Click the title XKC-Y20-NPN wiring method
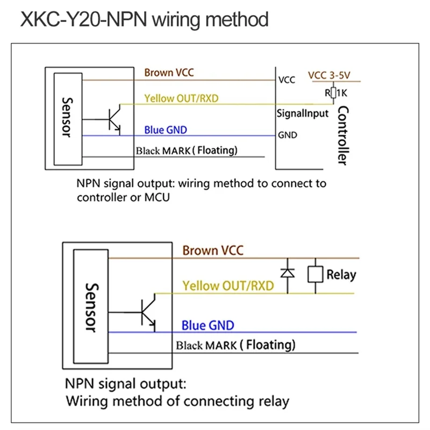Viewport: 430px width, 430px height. click(x=144, y=20)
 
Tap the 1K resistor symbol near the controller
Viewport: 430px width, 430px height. click(x=333, y=92)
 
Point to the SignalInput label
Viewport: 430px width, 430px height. click(x=302, y=114)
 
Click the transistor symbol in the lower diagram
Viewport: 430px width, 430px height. click(x=147, y=312)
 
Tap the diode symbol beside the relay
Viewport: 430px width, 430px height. click(x=288, y=273)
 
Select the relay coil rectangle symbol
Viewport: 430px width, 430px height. click(x=315, y=274)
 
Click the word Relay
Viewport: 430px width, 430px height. click(x=341, y=275)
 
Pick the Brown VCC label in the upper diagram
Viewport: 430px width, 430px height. click(x=169, y=73)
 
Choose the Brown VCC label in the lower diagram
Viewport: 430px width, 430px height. click(x=213, y=250)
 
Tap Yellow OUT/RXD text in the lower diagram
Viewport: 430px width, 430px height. click(x=228, y=285)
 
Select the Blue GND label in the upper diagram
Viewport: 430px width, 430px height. click(x=166, y=130)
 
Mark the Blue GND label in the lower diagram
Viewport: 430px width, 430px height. click(x=208, y=325)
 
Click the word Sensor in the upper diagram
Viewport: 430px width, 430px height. click(x=66, y=117)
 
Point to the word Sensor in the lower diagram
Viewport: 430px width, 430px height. click(x=92, y=307)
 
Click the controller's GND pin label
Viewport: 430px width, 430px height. click(x=287, y=135)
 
